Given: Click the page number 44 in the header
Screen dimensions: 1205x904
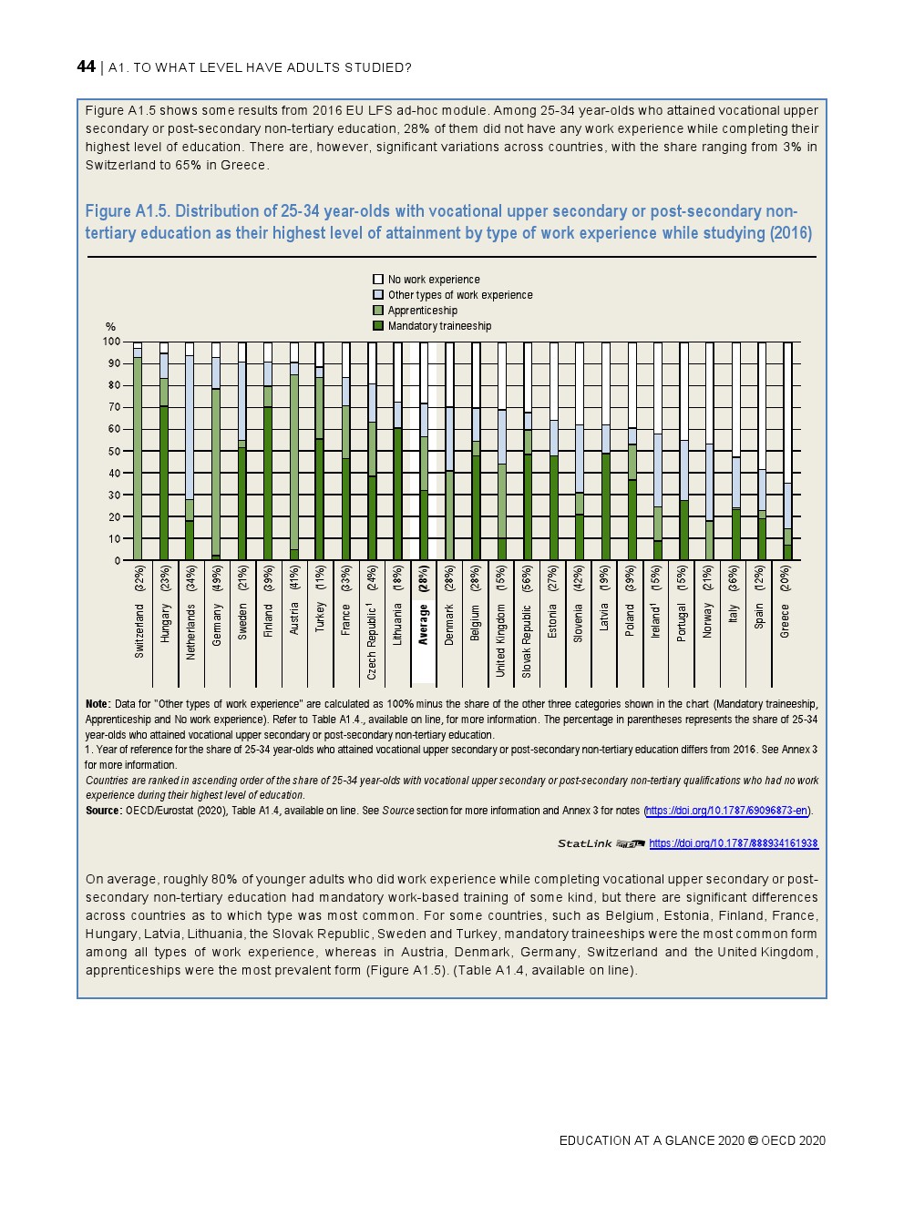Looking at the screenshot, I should (x=86, y=66).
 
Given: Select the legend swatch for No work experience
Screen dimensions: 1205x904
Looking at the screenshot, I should (x=378, y=280).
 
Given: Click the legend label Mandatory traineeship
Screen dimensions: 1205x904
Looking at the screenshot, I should (x=439, y=326).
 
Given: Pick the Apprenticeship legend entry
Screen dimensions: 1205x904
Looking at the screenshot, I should (x=422, y=311).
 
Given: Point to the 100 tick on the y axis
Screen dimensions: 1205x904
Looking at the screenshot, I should (x=111, y=342).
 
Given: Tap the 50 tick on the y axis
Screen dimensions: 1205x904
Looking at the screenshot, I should (x=114, y=451).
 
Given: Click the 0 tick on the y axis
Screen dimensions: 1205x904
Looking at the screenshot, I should (x=117, y=561).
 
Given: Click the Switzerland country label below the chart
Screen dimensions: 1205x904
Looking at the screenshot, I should (x=139, y=630).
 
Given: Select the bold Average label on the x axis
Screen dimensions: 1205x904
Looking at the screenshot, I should (x=424, y=625).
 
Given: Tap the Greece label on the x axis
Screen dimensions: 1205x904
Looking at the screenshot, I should (x=786, y=620).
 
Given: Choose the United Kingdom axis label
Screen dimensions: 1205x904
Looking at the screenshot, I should (x=501, y=641).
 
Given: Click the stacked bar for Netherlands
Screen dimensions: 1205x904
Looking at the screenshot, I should (x=190, y=451).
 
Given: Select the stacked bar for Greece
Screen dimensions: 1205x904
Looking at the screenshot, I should (x=788, y=451).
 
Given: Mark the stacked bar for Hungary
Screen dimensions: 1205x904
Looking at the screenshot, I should (x=164, y=451).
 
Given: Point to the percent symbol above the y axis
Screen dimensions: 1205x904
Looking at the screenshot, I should (x=111, y=326).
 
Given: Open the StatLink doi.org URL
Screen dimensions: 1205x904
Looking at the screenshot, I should (x=734, y=843).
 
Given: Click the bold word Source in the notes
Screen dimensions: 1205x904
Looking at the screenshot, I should (x=103, y=811).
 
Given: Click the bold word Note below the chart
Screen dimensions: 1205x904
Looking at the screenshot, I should (x=97, y=704).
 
